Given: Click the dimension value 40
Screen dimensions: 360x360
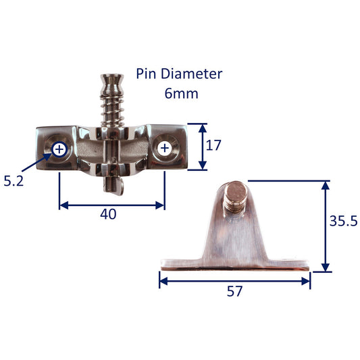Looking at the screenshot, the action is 108,214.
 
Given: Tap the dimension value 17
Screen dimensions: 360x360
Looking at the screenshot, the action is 213,145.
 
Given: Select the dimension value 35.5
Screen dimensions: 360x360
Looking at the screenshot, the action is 344,221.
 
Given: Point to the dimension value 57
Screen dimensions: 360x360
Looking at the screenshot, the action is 234,291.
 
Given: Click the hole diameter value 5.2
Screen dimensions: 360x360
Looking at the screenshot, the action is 14,181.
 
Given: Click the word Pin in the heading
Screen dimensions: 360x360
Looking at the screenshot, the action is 146,74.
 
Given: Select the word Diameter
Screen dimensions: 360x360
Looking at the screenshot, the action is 191,74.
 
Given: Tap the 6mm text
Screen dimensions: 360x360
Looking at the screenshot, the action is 182,93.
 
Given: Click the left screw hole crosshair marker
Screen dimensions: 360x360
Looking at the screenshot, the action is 59,149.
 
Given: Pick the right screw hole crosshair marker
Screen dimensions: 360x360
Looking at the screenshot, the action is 165,148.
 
